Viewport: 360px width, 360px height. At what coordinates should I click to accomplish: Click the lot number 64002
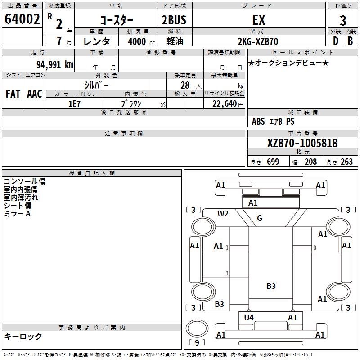(x=22, y=19)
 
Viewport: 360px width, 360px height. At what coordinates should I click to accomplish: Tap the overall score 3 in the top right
(x=343, y=20)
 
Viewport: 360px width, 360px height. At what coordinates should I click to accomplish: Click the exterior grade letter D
(x=335, y=41)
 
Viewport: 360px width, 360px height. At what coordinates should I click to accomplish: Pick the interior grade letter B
(x=350, y=41)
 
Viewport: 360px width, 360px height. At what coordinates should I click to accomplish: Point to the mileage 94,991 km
(x=54, y=64)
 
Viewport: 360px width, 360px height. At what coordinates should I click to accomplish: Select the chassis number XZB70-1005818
(x=302, y=143)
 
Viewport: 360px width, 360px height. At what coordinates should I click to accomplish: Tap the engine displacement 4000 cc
(x=137, y=41)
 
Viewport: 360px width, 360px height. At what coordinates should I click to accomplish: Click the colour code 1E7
(x=74, y=103)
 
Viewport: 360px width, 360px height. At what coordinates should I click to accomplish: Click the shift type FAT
(x=13, y=94)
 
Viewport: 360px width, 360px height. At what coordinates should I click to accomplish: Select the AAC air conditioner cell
(x=35, y=94)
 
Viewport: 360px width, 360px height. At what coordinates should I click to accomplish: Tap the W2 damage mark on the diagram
(x=223, y=214)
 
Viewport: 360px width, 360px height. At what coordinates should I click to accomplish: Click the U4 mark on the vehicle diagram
(x=249, y=318)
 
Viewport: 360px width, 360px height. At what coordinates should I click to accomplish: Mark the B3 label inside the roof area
(x=271, y=286)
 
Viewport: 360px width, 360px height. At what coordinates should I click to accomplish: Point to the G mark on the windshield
(x=260, y=218)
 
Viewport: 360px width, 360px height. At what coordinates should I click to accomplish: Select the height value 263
(x=346, y=162)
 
